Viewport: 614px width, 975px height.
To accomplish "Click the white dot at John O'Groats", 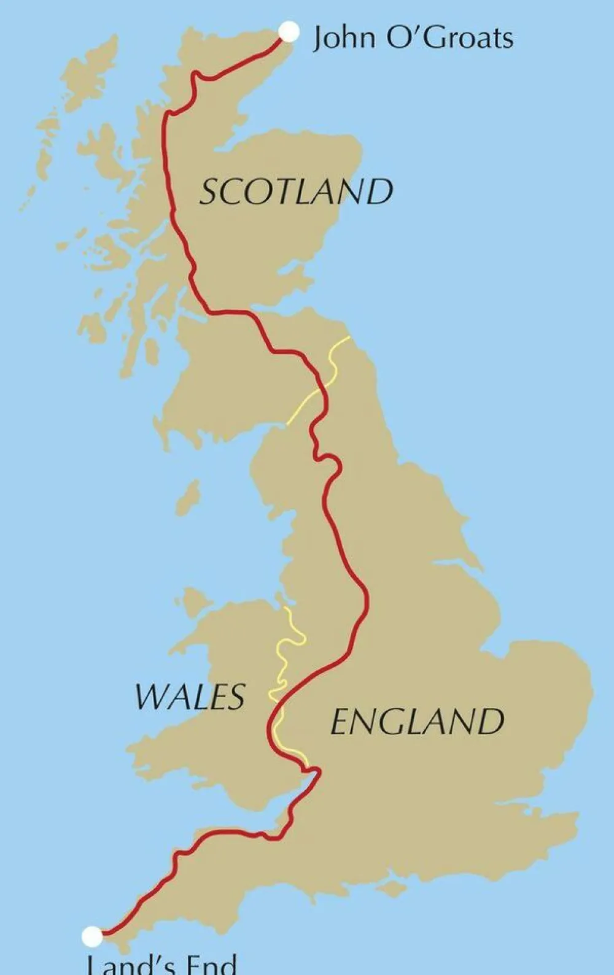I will tap(289, 32).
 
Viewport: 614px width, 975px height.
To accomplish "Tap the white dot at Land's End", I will tap(92, 936).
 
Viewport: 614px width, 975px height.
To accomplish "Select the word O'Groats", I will tap(449, 38).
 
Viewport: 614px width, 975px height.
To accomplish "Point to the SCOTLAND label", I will tap(297, 191).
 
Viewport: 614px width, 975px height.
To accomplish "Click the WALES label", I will tap(190, 696).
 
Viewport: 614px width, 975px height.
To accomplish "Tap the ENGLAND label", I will tap(417, 722).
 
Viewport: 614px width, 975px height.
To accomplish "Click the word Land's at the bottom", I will tap(126, 965).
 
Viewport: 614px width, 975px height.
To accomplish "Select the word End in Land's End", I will tap(211, 965).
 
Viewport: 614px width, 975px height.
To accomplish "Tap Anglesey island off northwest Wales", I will tap(195, 598).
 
